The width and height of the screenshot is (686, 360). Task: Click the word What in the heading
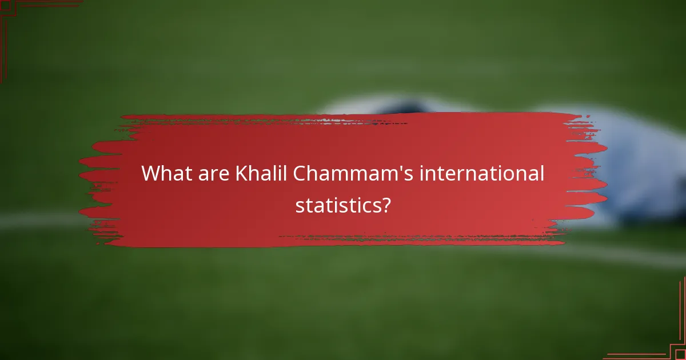coord(164,173)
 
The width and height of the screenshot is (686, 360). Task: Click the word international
coord(482,173)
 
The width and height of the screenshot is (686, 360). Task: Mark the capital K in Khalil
coord(241,173)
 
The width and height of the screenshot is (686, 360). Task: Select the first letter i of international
coord(422,173)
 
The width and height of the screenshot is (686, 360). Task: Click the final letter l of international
coord(541,173)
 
